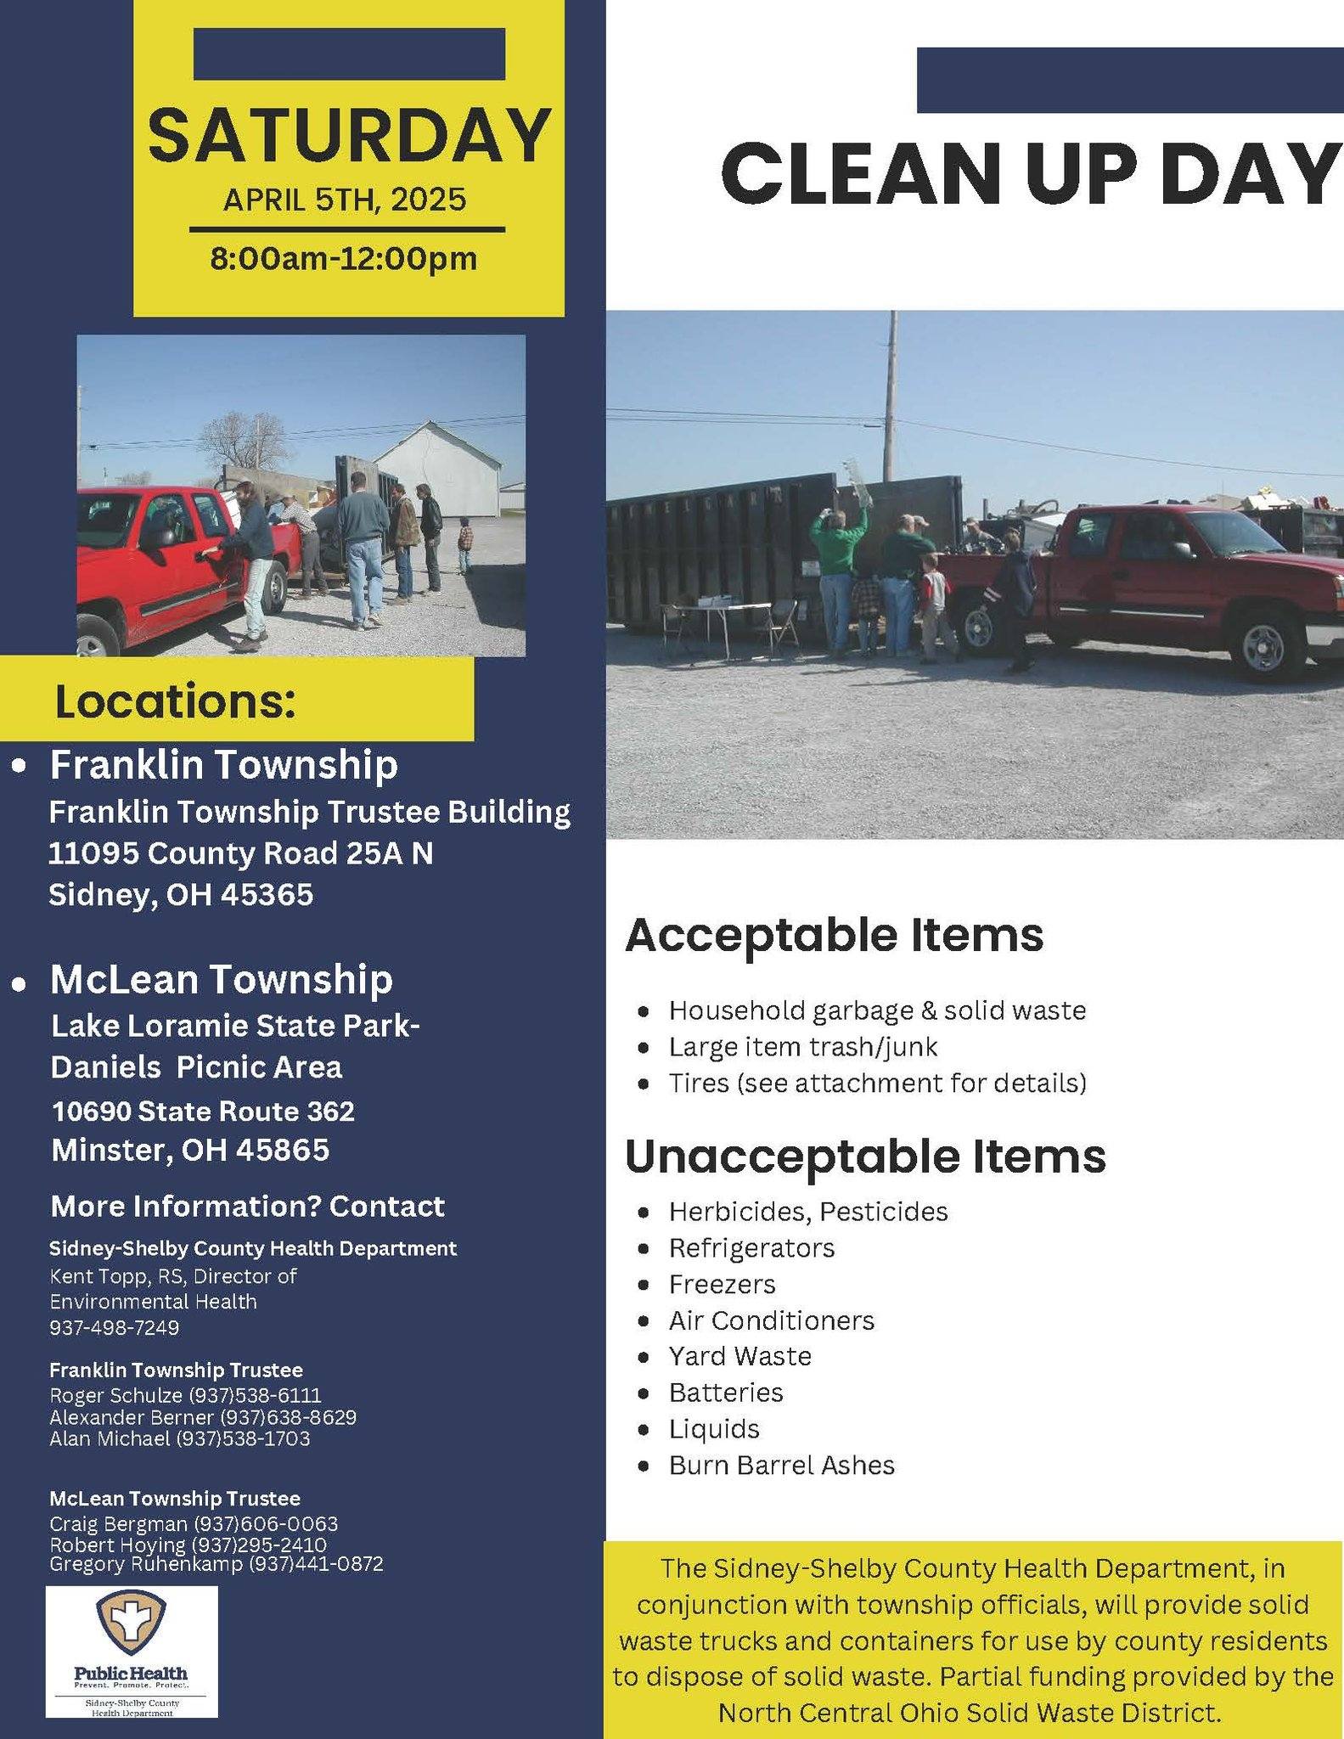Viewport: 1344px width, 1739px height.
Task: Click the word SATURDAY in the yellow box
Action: (x=349, y=136)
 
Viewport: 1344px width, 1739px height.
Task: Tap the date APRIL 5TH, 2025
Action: (x=345, y=200)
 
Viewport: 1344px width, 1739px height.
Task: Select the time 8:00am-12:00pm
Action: (x=344, y=258)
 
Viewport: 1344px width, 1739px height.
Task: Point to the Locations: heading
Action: (x=175, y=701)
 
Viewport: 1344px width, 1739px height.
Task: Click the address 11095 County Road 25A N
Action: (x=240, y=853)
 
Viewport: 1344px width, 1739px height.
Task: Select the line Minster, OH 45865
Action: (x=190, y=1150)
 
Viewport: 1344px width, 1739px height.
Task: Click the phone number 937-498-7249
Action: (x=115, y=1327)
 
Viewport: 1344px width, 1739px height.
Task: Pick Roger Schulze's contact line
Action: (x=186, y=1395)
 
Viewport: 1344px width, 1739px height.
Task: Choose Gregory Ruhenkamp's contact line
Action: (x=217, y=1563)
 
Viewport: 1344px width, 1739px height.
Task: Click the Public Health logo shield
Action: (x=131, y=1621)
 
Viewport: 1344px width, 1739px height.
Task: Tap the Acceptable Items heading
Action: (x=834, y=935)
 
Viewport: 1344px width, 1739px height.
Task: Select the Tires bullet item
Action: (x=877, y=1083)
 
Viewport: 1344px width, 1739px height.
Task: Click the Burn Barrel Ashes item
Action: (x=781, y=1465)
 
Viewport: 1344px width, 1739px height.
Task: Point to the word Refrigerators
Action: (x=751, y=1247)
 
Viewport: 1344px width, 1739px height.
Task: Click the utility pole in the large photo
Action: (x=891, y=399)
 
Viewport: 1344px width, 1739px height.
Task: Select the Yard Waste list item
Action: (x=739, y=1356)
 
